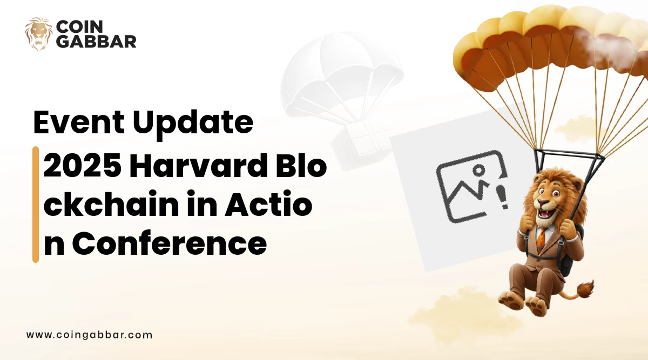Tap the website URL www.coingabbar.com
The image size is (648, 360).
89,335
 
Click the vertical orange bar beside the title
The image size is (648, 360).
36,205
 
